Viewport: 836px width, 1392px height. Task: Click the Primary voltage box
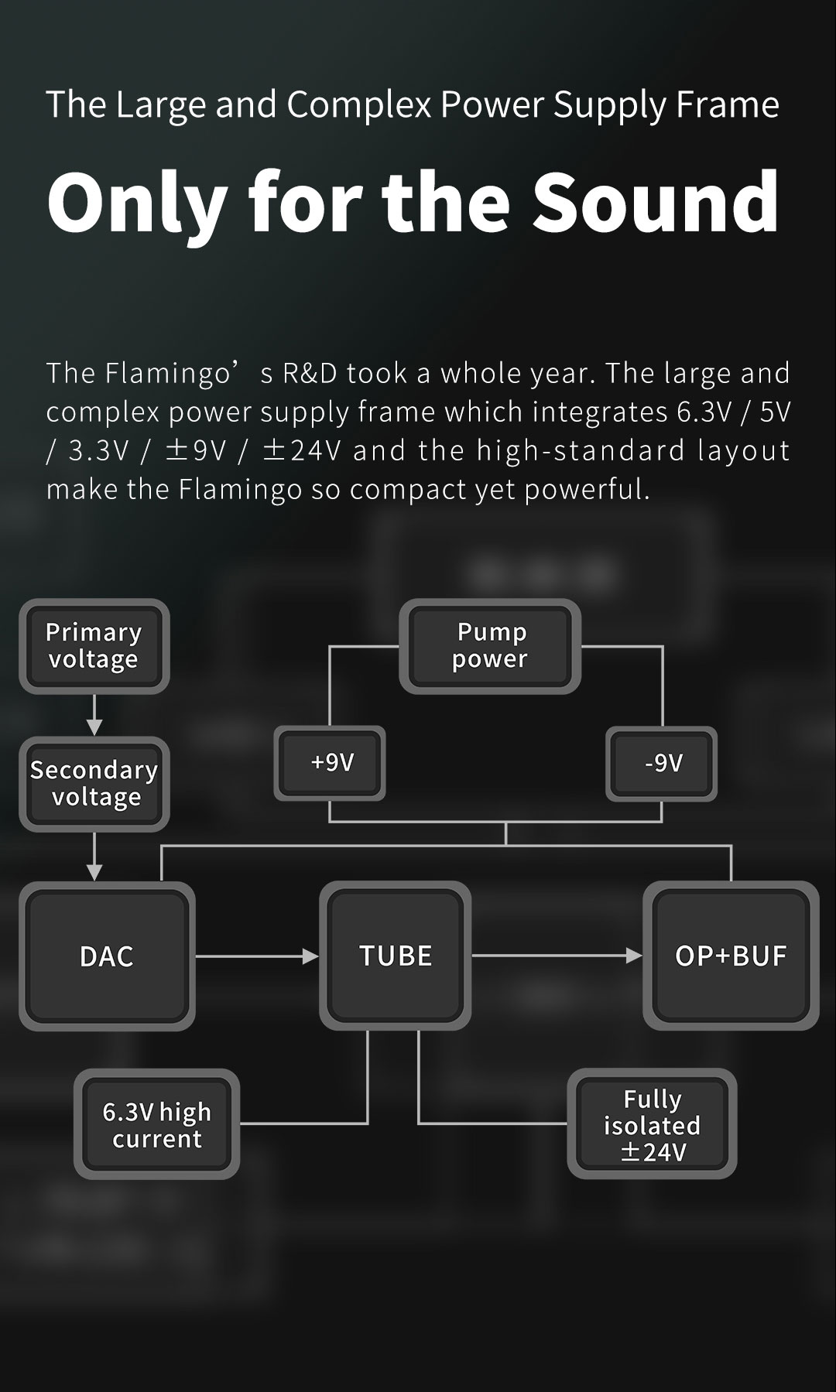[x=94, y=646]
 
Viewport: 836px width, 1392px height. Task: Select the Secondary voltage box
[x=94, y=784]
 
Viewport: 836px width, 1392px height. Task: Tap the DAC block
[x=107, y=956]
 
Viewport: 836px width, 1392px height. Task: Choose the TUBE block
[x=396, y=956]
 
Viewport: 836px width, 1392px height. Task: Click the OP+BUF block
[x=731, y=956]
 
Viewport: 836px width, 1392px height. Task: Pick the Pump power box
[x=490, y=646]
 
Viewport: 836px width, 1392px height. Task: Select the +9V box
[x=330, y=763]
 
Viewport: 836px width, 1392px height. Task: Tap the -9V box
[x=661, y=763]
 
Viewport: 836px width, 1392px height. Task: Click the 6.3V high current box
[x=156, y=1124]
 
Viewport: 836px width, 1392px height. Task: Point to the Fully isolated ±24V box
[x=652, y=1124]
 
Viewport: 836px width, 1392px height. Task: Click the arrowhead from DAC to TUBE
[x=310, y=956]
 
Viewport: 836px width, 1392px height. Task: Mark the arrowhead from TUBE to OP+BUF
[x=634, y=956]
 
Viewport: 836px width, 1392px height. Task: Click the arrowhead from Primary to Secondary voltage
[x=94, y=727]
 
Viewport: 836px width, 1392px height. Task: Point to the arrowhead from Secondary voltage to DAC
[x=94, y=873]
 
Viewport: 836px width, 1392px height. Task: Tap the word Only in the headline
[x=137, y=203]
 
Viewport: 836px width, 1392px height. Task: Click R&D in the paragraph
[x=310, y=373]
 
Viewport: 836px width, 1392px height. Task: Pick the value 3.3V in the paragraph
[x=98, y=450]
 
